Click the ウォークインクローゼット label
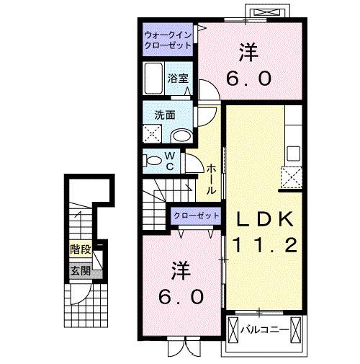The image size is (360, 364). click(x=168, y=39)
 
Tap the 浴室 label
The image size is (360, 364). click(x=178, y=79)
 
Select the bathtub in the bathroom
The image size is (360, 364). click(x=154, y=77)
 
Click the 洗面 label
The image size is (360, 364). click(x=164, y=114)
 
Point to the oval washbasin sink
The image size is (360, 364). click(x=183, y=134)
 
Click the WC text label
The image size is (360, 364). click(x=170, y=161)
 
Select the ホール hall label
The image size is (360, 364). click(x=212, y=179)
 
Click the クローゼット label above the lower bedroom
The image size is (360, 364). click(x=196, y=216)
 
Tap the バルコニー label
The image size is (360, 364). click(x=265, y=330)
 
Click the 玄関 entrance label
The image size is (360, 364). click(x=80, y=271)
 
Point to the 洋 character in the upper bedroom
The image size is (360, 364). click(x=249, y=52)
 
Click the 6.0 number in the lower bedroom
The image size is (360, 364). click(x=182, y=296)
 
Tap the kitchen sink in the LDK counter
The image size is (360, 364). click(x=294, y=153)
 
